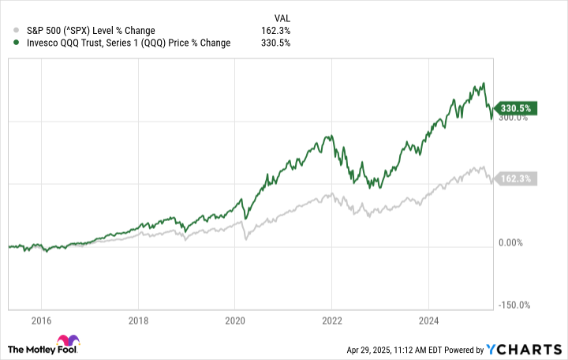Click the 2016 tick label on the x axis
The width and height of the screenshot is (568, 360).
41,321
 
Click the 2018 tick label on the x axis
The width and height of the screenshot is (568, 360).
137,321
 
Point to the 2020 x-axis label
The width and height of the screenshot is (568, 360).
234,321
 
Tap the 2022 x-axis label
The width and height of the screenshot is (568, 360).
331,321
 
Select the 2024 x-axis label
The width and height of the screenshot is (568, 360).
428,321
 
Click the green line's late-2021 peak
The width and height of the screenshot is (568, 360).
329,135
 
